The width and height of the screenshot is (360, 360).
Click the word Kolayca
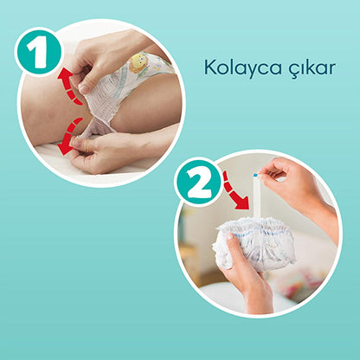click(243, 68)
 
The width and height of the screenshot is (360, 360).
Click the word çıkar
click(312, 68)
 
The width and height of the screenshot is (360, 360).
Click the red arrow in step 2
click(235, 191)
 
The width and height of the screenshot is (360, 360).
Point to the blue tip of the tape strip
click(255, 175)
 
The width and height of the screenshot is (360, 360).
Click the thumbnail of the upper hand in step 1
click(84, 88)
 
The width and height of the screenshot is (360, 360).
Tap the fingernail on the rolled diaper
click(230, 236)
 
